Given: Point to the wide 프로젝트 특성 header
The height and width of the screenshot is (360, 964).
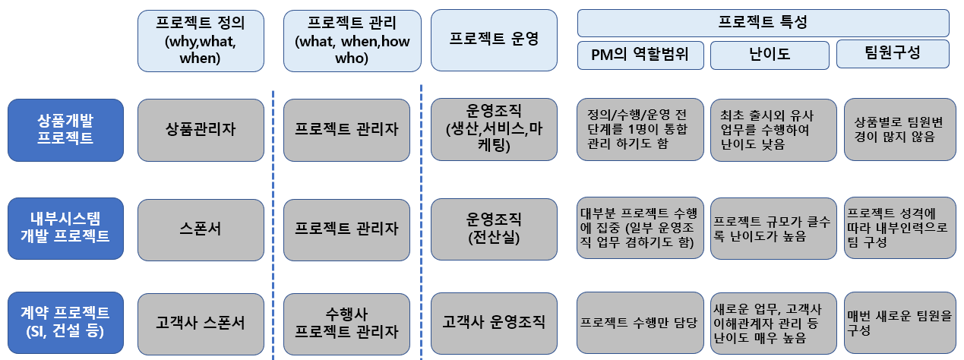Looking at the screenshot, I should [x=763, y=23].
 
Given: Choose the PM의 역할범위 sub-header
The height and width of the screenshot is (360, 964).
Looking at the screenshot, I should [x=640, y=55].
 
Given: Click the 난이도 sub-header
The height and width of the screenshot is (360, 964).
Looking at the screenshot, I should [x=768, y=55].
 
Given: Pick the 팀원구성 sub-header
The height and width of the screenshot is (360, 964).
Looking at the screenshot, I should [x=893, y=54].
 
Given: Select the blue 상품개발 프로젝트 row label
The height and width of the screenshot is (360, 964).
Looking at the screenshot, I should [x=65, y=130].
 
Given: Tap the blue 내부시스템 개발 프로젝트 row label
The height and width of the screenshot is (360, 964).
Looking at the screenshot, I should [x=65, y=228].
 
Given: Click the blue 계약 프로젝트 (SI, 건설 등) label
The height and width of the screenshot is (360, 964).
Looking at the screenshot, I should [x=65, y=322].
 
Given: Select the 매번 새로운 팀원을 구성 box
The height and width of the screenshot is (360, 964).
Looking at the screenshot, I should [x=899, y=322].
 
